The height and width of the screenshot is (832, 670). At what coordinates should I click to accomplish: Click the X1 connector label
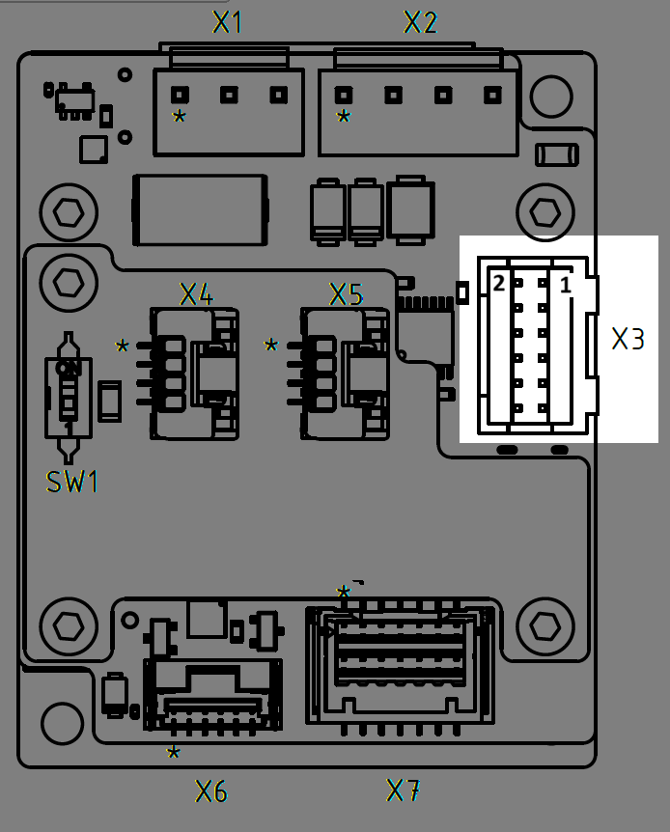coord(228,22)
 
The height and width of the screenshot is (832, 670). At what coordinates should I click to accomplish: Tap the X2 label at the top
coord(421,22)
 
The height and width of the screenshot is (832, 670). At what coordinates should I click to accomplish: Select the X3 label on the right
coord(628,339)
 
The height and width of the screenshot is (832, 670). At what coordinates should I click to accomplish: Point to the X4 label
coord(196,294)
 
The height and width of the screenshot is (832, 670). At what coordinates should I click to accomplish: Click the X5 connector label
coord(346,294)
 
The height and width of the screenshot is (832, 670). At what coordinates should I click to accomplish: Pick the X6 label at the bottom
coord(211,792)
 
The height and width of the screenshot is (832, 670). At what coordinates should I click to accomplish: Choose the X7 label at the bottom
coord(404,790)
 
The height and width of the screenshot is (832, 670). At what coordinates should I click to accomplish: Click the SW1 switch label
coord(73,482)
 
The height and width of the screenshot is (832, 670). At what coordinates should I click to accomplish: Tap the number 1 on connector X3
coord(566,284)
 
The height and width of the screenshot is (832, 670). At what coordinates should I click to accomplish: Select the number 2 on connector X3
coord(498,284)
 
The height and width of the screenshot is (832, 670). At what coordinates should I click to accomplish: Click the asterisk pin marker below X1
coord(179,118)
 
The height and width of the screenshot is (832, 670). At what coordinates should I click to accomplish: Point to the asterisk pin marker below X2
coord(344,118)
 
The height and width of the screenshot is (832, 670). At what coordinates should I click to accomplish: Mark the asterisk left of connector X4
coord(123,347)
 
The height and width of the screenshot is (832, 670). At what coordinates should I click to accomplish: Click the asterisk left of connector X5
coord(271,347)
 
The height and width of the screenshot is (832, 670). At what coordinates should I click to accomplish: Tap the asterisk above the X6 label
coord(173,753)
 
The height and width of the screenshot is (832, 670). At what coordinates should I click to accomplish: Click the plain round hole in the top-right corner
coord(551,93)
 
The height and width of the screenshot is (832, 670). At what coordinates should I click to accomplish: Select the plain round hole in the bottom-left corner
coord(62,721)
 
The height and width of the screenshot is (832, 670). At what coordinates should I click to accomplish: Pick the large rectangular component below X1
coord(200,209)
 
